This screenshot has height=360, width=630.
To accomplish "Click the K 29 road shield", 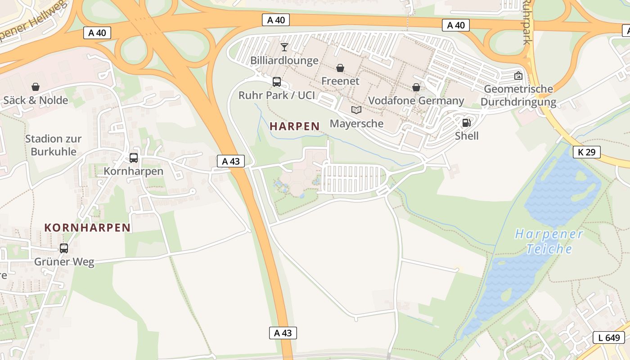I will point(587,152).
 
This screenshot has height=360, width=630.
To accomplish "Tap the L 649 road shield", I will point(609,337).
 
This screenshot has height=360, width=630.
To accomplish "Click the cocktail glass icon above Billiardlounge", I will point(284,47).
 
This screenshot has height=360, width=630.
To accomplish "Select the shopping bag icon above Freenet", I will point(340,68).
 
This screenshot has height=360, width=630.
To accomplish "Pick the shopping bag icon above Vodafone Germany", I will point(416,87).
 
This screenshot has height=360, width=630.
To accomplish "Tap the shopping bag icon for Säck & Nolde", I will point(36,87).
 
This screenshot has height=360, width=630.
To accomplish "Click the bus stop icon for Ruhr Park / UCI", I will point(277,82).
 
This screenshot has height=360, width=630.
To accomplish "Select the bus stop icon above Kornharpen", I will point(134,158).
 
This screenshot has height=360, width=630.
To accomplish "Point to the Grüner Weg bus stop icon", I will point(64,248).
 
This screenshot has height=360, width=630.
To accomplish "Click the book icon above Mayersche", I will point(356,110).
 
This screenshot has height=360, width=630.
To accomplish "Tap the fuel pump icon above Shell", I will point(467,123).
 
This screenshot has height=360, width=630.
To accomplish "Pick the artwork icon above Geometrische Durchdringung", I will point(518,76).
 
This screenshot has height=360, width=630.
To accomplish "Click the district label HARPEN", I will point(295,126).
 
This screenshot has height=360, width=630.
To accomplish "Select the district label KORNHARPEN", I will point(87,228).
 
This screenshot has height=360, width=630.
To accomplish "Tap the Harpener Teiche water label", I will point(549,241).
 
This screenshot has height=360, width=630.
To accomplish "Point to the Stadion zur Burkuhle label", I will point(53,145).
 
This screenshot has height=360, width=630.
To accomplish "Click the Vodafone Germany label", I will point(416,100).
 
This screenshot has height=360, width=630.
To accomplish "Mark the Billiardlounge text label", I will point(284,60).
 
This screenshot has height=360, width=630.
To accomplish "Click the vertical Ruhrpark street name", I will point(527,22).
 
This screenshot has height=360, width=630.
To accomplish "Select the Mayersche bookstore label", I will point(356,123).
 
